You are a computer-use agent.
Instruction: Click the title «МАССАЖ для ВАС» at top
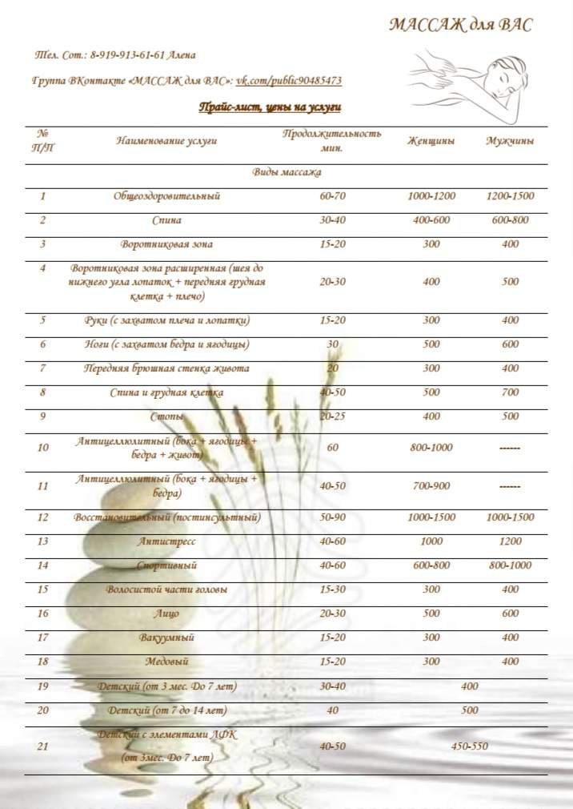pyautogui.click(x=460, y=25)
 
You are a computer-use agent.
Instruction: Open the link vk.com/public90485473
pyautogui.click(x=289, y=81)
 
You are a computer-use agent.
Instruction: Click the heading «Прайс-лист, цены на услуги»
pyautogui.click(x=270, y=107)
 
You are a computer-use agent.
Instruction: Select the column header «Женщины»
pyautogui.click(x=431, y=141)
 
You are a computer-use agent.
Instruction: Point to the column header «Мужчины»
pyautogui.click(x=510, y=141)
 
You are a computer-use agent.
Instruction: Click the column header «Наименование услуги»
pyautogui.click(x=166, y=141)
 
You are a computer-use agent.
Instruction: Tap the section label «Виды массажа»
pyautogui.click(x=286, y=172)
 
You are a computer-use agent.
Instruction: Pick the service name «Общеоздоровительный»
pyautogui.click(x=166, y=196)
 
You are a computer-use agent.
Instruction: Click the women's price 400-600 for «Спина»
pyautogui.click(x=431, y=220)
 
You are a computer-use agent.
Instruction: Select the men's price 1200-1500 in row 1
pyautogui.click(x=510, y=196)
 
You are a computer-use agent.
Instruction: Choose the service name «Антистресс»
pyautogui.click(x=166, y=541)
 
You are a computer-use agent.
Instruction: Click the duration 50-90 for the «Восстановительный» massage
pyautogui.click(x=332, y=517)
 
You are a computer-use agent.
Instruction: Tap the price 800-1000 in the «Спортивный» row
pyautogui.click(x=510, y=565)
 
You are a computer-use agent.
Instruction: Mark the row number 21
pyautogui.click(x=43, y=747)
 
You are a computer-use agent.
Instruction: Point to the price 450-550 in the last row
pyautogui.click(x=470, y=747)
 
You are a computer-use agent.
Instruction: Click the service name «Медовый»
pyautogui.click(x=166, y=662)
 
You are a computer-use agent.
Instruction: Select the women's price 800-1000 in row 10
pyautogui.click(x=431, y=447)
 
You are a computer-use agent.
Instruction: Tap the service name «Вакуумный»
pyautogui.click(x=166, y=638)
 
